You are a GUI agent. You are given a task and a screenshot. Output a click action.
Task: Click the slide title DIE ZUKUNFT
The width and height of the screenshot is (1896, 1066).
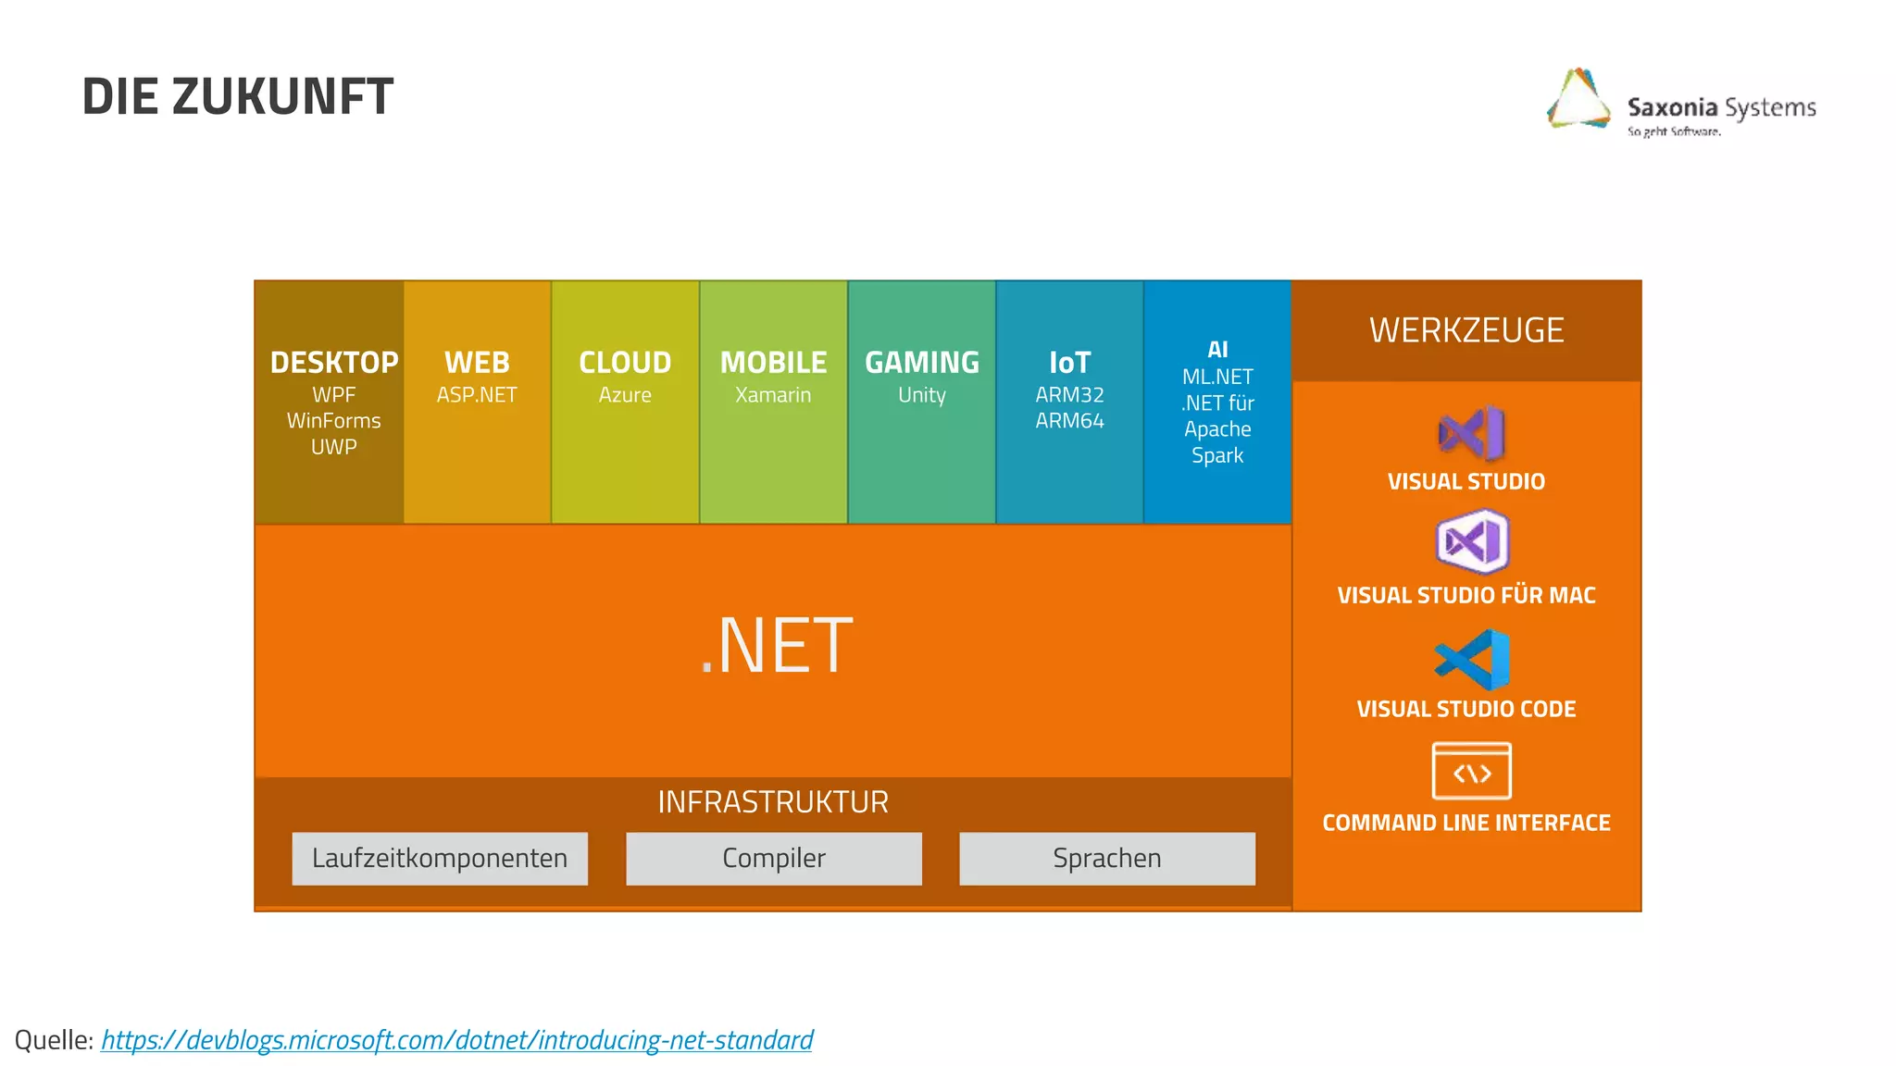(x=238, y=96)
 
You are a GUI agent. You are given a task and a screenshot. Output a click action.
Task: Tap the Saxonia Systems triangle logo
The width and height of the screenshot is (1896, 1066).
(x=1579, y=98)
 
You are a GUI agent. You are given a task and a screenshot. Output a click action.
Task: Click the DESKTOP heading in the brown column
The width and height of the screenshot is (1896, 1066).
(x=333, y=362)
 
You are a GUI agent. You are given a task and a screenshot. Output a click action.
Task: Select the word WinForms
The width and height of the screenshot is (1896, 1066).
(x=333, y=421)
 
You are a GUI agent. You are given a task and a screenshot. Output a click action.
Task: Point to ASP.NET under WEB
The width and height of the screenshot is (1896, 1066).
(x=477, y=395)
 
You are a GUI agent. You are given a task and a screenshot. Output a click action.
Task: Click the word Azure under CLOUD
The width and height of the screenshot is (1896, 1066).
(x=625, y=395)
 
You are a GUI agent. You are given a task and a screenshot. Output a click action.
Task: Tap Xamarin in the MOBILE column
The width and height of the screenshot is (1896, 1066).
(x=773, y=395)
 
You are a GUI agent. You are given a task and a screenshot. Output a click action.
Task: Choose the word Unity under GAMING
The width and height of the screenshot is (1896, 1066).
(x=921, y=395)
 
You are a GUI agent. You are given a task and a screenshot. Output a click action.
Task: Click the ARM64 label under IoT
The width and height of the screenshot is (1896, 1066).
(x=1069, y=421)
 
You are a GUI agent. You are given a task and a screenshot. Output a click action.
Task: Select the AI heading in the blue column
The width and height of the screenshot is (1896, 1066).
(x=1217, y=350)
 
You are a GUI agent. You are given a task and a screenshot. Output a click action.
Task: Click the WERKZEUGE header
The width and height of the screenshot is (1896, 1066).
(x=1466, y=330)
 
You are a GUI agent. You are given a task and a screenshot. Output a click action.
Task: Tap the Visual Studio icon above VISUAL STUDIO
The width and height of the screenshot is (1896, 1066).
(x=1471, y=433)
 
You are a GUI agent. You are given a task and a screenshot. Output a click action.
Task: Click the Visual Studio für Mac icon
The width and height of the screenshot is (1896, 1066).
(x=1472, y=542)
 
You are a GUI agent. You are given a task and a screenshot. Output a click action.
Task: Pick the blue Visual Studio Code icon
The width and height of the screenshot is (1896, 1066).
(x=1472, y=660)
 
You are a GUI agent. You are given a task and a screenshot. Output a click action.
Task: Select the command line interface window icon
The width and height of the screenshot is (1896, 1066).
(x=1471, y=771)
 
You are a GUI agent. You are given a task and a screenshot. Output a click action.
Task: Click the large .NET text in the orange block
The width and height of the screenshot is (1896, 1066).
(x=776, y=646)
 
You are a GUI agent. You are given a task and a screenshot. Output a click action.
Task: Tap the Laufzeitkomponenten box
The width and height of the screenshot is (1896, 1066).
(x=440, y=859)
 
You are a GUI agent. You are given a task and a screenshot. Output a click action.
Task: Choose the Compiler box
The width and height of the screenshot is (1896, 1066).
(x=774, y=859)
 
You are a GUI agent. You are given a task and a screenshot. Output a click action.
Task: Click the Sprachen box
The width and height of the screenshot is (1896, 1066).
(x=1107, y=859)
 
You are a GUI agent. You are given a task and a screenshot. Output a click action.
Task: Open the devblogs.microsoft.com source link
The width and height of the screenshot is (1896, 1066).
(x=456, y=1040)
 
